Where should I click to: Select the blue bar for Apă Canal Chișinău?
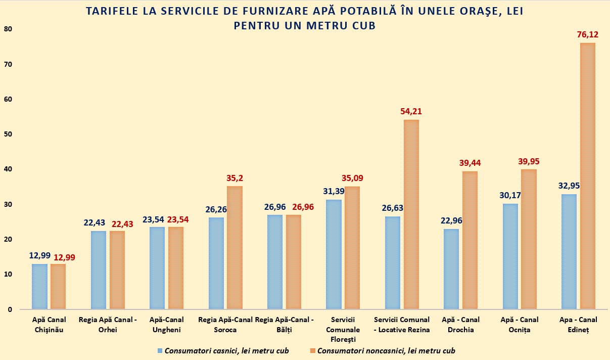pos(39,286)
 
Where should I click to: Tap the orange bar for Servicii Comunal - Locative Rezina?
pos(411,214)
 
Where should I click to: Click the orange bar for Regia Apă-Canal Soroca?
pos(234,248)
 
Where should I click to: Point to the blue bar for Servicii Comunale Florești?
pos(334,254)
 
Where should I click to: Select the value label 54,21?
pos(411,111)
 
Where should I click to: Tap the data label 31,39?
pos(334,191)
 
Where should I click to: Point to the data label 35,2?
pos(234,178)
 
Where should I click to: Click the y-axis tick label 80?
pos(8,29)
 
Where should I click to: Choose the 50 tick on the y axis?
pos(8,134)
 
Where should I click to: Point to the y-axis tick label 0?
pos(10,309)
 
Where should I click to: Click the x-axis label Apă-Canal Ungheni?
pos(166,325)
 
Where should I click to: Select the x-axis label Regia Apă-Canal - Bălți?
pos(285,325)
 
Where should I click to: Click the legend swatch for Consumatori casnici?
pos(161,350)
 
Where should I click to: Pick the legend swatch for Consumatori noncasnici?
pos(313,350)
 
